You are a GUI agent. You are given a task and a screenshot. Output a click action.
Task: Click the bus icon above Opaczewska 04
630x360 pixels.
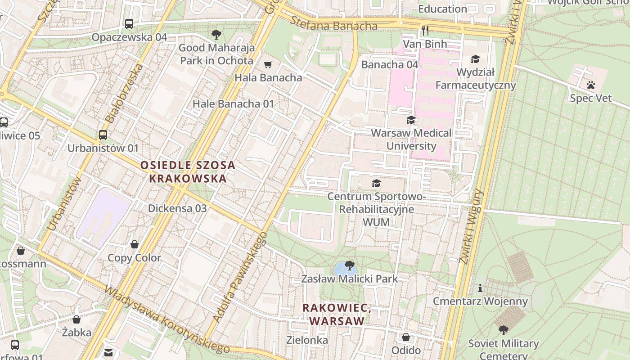tap(129, 24)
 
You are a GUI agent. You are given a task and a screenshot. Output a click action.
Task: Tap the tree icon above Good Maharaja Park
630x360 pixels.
tap(216, 34)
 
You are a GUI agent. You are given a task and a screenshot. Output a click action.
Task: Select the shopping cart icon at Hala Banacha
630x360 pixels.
tap(268, 65)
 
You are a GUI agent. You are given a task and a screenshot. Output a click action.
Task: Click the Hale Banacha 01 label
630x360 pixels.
tap(233, 104)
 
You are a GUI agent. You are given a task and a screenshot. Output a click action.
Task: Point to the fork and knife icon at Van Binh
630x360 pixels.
tap(425, 31)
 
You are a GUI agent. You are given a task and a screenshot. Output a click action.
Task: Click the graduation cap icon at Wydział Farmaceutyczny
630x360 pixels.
tap(475, 59)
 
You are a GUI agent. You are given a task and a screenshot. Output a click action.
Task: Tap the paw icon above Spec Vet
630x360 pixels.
tap(591, 85)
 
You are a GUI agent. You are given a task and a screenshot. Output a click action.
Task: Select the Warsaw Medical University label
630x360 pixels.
tap(411, 139)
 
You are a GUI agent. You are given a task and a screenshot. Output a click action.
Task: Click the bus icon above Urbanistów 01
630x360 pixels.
tap(103, 135)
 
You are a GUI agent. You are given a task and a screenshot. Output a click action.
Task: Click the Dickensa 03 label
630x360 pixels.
tap(177, 208)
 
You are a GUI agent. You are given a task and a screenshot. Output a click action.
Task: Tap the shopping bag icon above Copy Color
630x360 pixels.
tap(134, 245)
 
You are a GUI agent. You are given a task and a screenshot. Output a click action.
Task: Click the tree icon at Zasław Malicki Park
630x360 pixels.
tap(349, 265)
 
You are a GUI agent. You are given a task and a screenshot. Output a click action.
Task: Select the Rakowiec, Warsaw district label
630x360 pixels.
tap(337, 315)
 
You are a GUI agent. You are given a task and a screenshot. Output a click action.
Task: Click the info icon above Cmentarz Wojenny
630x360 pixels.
tap(480, 288)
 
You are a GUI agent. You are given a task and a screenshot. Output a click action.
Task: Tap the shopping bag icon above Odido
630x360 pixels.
tap(406, 337)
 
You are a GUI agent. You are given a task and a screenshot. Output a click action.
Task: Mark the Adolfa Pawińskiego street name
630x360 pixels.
tap(240, 278)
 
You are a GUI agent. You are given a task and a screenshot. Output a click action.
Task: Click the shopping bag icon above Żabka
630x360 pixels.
tap(76, 320)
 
